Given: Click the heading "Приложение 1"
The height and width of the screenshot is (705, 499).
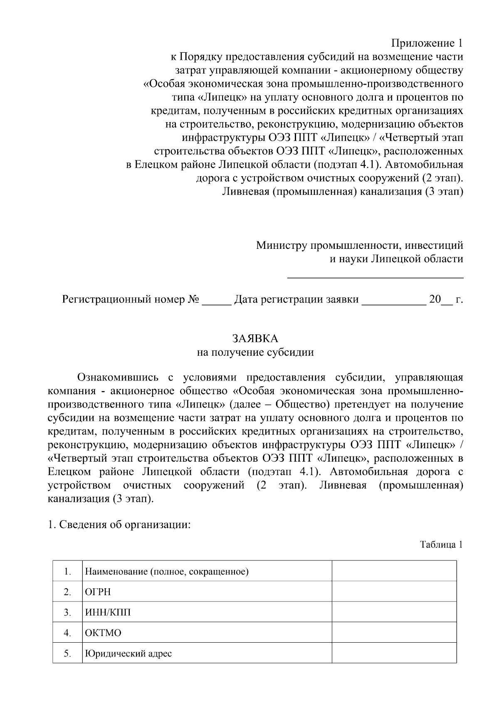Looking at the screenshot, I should pyautogui.click(x=427, y=43).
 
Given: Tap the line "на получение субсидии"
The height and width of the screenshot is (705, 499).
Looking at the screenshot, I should pyautogui.click(x=255, y=352).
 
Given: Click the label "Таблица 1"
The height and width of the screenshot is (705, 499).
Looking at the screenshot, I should pyautogui.click(x=441, y=545).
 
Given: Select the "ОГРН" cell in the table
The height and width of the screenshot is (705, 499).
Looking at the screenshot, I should pyautogui.click(x=98, y=592).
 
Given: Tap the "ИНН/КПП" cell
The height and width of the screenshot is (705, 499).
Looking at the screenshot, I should pyautogui.click(x=107, y=612).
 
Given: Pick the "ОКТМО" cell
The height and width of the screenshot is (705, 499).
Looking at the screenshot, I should pyautogui.click(x=103, y=633).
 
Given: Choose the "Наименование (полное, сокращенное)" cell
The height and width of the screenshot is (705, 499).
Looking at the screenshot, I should pyautogui.click(x=166, y=572).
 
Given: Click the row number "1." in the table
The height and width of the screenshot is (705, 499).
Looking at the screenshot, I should pyautogui.click(x=67, y=572).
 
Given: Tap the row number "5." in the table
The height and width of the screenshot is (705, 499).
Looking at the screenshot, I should pyautogui.click(x=67, y=653).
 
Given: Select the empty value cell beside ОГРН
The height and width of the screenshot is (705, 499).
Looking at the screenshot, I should pyautogui.click(x=394, y=592).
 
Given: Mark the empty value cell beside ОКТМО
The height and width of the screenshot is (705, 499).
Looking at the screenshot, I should pyautogui.click(x=394, y=633).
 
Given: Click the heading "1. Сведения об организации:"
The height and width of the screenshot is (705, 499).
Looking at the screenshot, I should pyautogui.click(x=119, y=525).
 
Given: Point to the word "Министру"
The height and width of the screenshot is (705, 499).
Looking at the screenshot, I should pyautogui.click(x=281, y=246).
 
